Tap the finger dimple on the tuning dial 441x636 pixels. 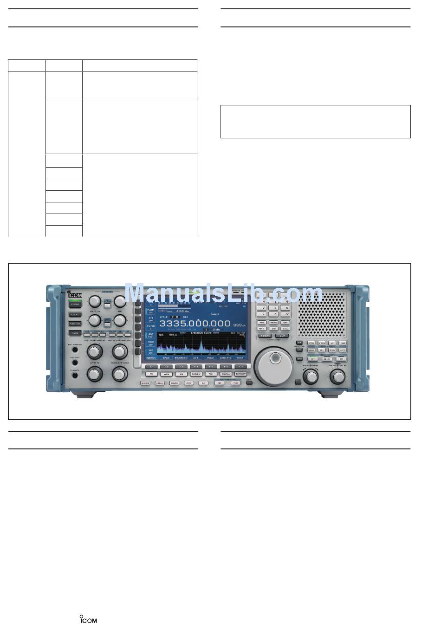click(x=276, y=358)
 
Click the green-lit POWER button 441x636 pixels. click(x=74, y=304)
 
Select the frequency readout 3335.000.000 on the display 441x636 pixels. click(x=195, y=324)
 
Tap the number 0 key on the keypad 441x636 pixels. click(x=275, y=314)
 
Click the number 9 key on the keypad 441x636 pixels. click(x=287, y=307)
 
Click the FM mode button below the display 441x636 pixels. click(x=151, y=374)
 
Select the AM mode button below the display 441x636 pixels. click(x=181, y=374)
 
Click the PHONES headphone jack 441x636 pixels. click(x=75, y=375)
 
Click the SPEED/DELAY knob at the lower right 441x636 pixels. click(x=337, y=377)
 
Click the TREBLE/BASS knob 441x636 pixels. click(x=120, y=374)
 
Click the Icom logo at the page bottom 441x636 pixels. click(x=88, y=619)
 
